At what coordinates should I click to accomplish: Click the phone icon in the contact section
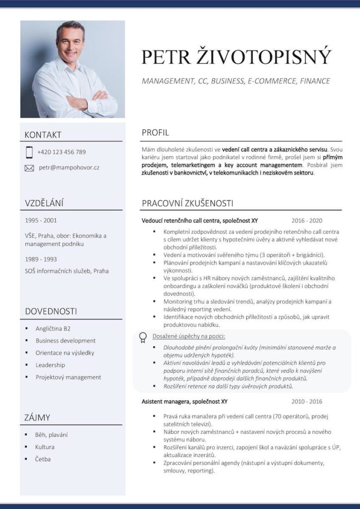[29, 152]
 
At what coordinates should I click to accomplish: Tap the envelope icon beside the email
[29, 168]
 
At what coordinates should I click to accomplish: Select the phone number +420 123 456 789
[61, 152]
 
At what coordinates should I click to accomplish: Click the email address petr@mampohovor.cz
[69, 168]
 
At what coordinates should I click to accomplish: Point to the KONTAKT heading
[43, 135]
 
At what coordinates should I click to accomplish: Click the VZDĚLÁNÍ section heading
[44, 203]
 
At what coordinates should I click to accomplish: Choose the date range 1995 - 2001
[41, 220]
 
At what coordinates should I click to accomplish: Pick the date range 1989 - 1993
[41, 259]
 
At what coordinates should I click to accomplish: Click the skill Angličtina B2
[53, 329]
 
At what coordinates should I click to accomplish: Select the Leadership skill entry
[50, 365]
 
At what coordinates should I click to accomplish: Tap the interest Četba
[43, 459]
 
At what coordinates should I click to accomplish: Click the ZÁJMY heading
[37, 418]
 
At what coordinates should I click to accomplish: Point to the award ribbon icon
[143, 337]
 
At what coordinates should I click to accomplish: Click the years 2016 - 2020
[307, 221]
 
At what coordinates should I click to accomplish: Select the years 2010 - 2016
[307, 401]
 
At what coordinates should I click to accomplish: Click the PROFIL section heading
[155, 133]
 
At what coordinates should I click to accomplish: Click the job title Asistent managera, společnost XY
[184, 401]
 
